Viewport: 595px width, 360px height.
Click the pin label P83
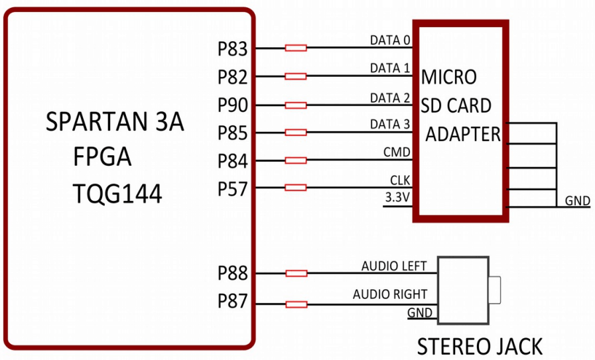[x=232, y=49]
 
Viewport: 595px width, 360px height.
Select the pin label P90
[x=232, y=105]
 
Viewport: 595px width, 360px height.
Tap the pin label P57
[x=232, y=190]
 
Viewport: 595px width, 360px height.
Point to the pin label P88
[x=232, y=273]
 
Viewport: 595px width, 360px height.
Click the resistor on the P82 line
[x=295, y=76]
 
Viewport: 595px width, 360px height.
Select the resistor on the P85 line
[x=295, y=133]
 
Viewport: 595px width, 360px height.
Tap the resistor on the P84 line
[x=295, y=160]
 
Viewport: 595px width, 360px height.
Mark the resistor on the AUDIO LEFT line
[x=295, y=273]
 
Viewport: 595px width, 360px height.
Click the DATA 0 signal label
[x=390, y=40]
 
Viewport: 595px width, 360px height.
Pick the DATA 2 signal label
[x=390, y=98]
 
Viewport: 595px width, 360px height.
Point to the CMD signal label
[x=397, y=152]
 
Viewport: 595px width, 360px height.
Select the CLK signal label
[x=400, y=180]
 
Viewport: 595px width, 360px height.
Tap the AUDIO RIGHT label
[x=390, y=294]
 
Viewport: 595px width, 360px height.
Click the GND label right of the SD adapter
[x=577, y=201]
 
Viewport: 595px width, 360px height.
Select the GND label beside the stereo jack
[x=420, y=313]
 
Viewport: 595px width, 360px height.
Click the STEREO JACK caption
[x=479, y=346]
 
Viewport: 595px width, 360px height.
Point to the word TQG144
[x=117, y=194]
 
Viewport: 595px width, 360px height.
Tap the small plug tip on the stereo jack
[x=494, y=290]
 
